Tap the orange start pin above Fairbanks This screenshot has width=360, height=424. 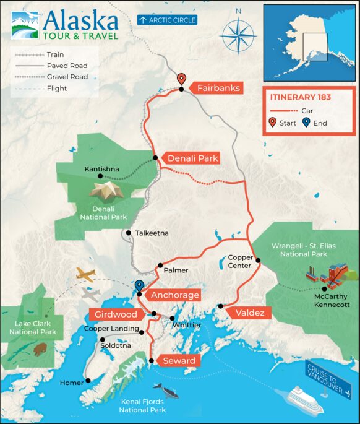click(x=181, y=79)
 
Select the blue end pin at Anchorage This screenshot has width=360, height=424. click(x=139, y=286)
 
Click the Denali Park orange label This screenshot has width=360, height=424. click(x=193, y=158)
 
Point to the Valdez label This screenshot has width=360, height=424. click(x=250, y=313)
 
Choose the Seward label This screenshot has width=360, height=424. click(x=179, y=360)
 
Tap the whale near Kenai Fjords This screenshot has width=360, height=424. click(x=166, y=390)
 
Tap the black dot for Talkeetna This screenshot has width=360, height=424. click(x=127, y=233)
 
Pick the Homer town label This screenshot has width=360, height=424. click(x=71, y=383)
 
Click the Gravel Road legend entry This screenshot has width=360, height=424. click(x=49, y=77)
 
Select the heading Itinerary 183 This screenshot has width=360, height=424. click(x=300, y=97)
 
